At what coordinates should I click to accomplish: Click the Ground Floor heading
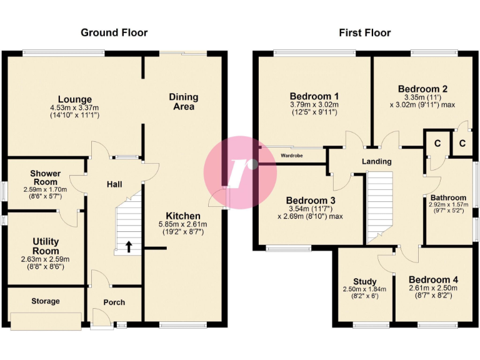[114, 32]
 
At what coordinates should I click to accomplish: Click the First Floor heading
[364, 32]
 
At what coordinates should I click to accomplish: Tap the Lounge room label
[75, 99]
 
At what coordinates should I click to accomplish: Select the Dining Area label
[183, 101]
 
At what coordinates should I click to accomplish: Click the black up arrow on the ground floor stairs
[129, 246]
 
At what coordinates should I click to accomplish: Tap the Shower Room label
[46, 177]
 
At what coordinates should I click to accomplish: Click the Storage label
[46, 301]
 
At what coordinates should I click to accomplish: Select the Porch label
[114, 302]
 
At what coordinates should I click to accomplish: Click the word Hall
[114, 184]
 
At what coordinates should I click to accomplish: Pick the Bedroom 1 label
[314, 96]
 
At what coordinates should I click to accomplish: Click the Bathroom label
[447, 197]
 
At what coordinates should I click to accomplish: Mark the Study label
[365, 281]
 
